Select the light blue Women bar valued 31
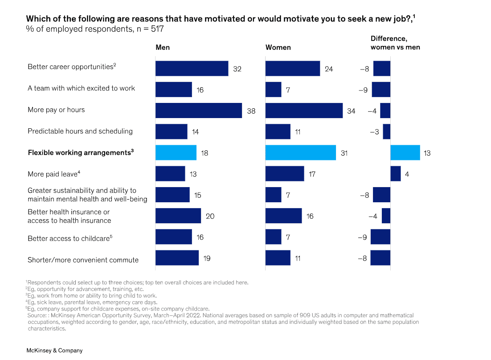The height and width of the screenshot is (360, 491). [301, 152]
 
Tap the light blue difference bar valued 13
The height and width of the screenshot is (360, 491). [405, 152]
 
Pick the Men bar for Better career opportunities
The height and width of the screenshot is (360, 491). [192, 69]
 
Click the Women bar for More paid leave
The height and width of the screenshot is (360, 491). [285, 174]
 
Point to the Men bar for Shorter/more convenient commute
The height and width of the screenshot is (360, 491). [177, 258]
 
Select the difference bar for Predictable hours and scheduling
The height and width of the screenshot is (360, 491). [387, 131]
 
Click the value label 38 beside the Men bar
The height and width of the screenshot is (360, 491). [251, 111]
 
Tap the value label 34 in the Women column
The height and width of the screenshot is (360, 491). [351, 111]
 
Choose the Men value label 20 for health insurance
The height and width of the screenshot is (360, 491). [210, 216]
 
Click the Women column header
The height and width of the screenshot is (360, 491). [278, 48]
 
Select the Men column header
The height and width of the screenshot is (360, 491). [163, 48]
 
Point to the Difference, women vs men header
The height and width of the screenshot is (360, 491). [395, 43]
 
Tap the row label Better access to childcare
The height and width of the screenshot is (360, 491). [70, 238]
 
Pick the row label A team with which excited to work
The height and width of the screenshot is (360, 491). [81, 88]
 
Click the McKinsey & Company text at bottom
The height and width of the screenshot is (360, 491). [54, 351]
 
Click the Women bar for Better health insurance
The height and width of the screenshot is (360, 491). [283, 216]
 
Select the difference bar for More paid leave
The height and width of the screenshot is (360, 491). [396, 174]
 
